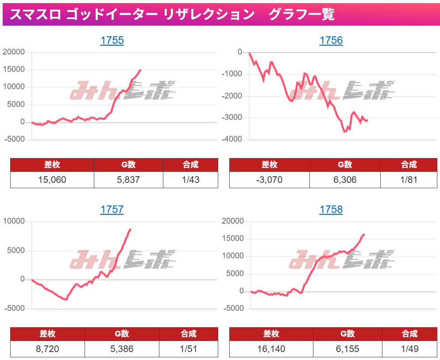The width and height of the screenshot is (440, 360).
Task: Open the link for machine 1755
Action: pyautogui.click(x=112, y=41)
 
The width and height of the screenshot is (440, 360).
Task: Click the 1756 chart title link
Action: pyautogui.click(x=331, y=41)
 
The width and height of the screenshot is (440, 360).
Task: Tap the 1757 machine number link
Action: pyautogui.click(x=112, y=209)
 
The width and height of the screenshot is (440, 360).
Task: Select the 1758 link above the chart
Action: pyautogui.click(x=331, y=209)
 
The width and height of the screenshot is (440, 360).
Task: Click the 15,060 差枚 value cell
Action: pyautogui.click(x=52, y=179)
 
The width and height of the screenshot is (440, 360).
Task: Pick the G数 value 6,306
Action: pyautogui.click(x=344, y=179)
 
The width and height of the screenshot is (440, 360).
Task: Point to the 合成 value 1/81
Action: pyautogui.click(x=409, y=179)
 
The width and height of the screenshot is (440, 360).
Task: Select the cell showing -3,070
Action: pyautogui.click(x=269, y=179)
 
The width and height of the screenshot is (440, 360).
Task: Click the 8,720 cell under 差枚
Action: pyautogui.click(x=47, y=349)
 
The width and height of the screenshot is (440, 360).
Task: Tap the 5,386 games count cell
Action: pyautogui.click(x=122, y=349)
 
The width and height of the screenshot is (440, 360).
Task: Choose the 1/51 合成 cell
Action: pyautogui.click(x=188, y=349)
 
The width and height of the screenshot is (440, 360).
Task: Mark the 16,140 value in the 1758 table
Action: pyautogui.click(x=271, y=349)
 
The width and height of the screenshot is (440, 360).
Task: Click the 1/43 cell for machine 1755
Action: pyautogui.click(x=190, y=179)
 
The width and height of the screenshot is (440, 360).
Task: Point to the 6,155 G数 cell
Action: pyautogui.click(x=347, y=349)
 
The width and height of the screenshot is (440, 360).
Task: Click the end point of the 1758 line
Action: pyautogui.click(x=364, y=235)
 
